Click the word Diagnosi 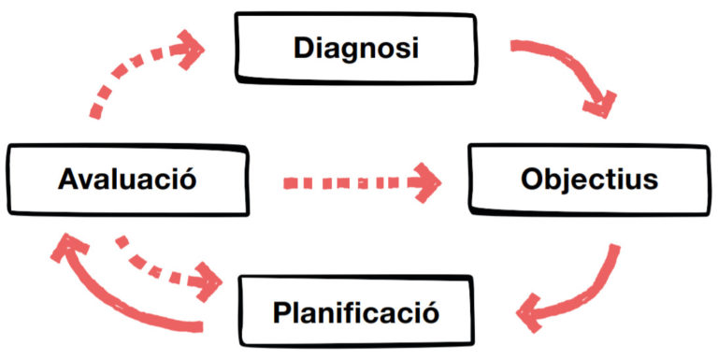click(x=356, y=49)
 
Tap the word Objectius click(x=589, y=180)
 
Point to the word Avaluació click(x=127, y=180)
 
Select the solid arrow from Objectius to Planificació click(x=591, y=293)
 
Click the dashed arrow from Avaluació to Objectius click(x=362, y=182)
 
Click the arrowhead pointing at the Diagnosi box click(x=189, y=50)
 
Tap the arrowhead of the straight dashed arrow click(x=425, y=182)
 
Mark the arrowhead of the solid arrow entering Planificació click(x=529, y=313)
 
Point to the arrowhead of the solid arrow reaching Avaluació click(x=67, y=248)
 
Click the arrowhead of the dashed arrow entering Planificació click(x=207, y=281)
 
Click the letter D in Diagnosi click(x=305, y=49)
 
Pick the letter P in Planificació click(x=283, y=312)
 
